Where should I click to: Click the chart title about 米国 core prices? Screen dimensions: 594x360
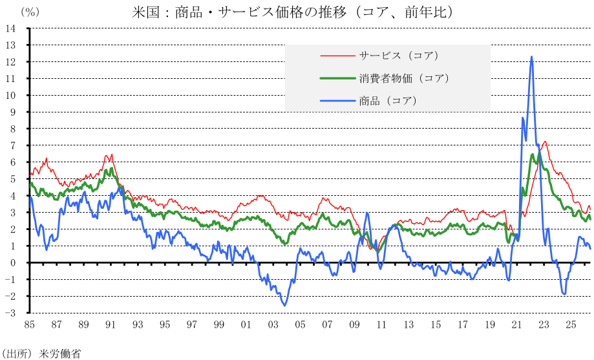292,12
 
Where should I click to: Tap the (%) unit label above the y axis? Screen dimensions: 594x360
30,12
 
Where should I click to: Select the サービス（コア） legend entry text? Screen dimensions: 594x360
399,56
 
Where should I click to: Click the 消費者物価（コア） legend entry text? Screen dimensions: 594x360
404,78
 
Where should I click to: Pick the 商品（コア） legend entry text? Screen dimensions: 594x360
388,101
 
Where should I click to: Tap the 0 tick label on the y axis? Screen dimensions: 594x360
14,262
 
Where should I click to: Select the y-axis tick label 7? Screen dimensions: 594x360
14,145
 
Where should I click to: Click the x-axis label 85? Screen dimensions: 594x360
29,324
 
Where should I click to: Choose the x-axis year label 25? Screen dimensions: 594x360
571,324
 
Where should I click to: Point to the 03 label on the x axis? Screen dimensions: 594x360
273,324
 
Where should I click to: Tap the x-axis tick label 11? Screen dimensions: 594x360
381,324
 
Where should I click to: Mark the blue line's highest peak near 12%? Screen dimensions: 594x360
532,57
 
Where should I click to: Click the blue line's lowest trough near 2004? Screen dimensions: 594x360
284,306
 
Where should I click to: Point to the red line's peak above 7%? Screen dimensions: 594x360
545,142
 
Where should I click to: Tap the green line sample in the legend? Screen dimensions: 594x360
337,78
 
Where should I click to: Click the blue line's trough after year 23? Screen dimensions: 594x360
564,293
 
